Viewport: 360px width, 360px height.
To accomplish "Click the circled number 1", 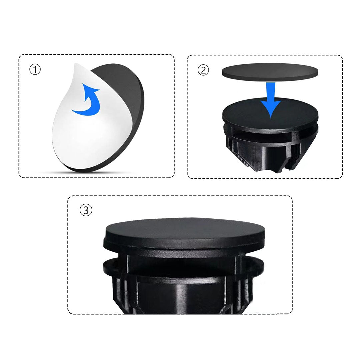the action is click(x=35, y=69).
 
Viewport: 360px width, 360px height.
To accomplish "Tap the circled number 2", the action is click(x=203, y=70).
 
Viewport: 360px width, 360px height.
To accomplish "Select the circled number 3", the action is click(x=86, y=210).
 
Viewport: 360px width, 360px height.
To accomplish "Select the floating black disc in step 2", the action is click(x=270, y=72).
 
